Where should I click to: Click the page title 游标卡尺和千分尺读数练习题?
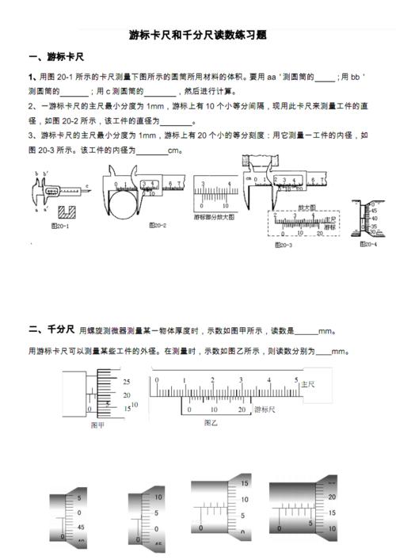pyautogui.click(x=197, y=36)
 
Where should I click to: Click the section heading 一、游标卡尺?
pyautogui.click(x=56, y=57)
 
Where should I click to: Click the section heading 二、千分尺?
pyautogui.click(x=51, y=329)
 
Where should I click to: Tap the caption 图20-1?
pyautogui.click(x=60, y=226)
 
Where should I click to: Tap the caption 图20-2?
pyautogui.click(x=157, y=225)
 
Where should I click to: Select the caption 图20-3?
pyautogui.click(x=283, y=245)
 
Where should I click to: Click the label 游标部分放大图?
pyautogui.click(x=214, y=216)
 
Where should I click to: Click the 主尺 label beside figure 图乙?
pyautogui.click(x=307, y=383)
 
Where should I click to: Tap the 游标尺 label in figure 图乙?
pyautogui.click(x=265, y=410)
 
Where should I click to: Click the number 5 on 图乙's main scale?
pyautogui.click(x=271, y=380)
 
